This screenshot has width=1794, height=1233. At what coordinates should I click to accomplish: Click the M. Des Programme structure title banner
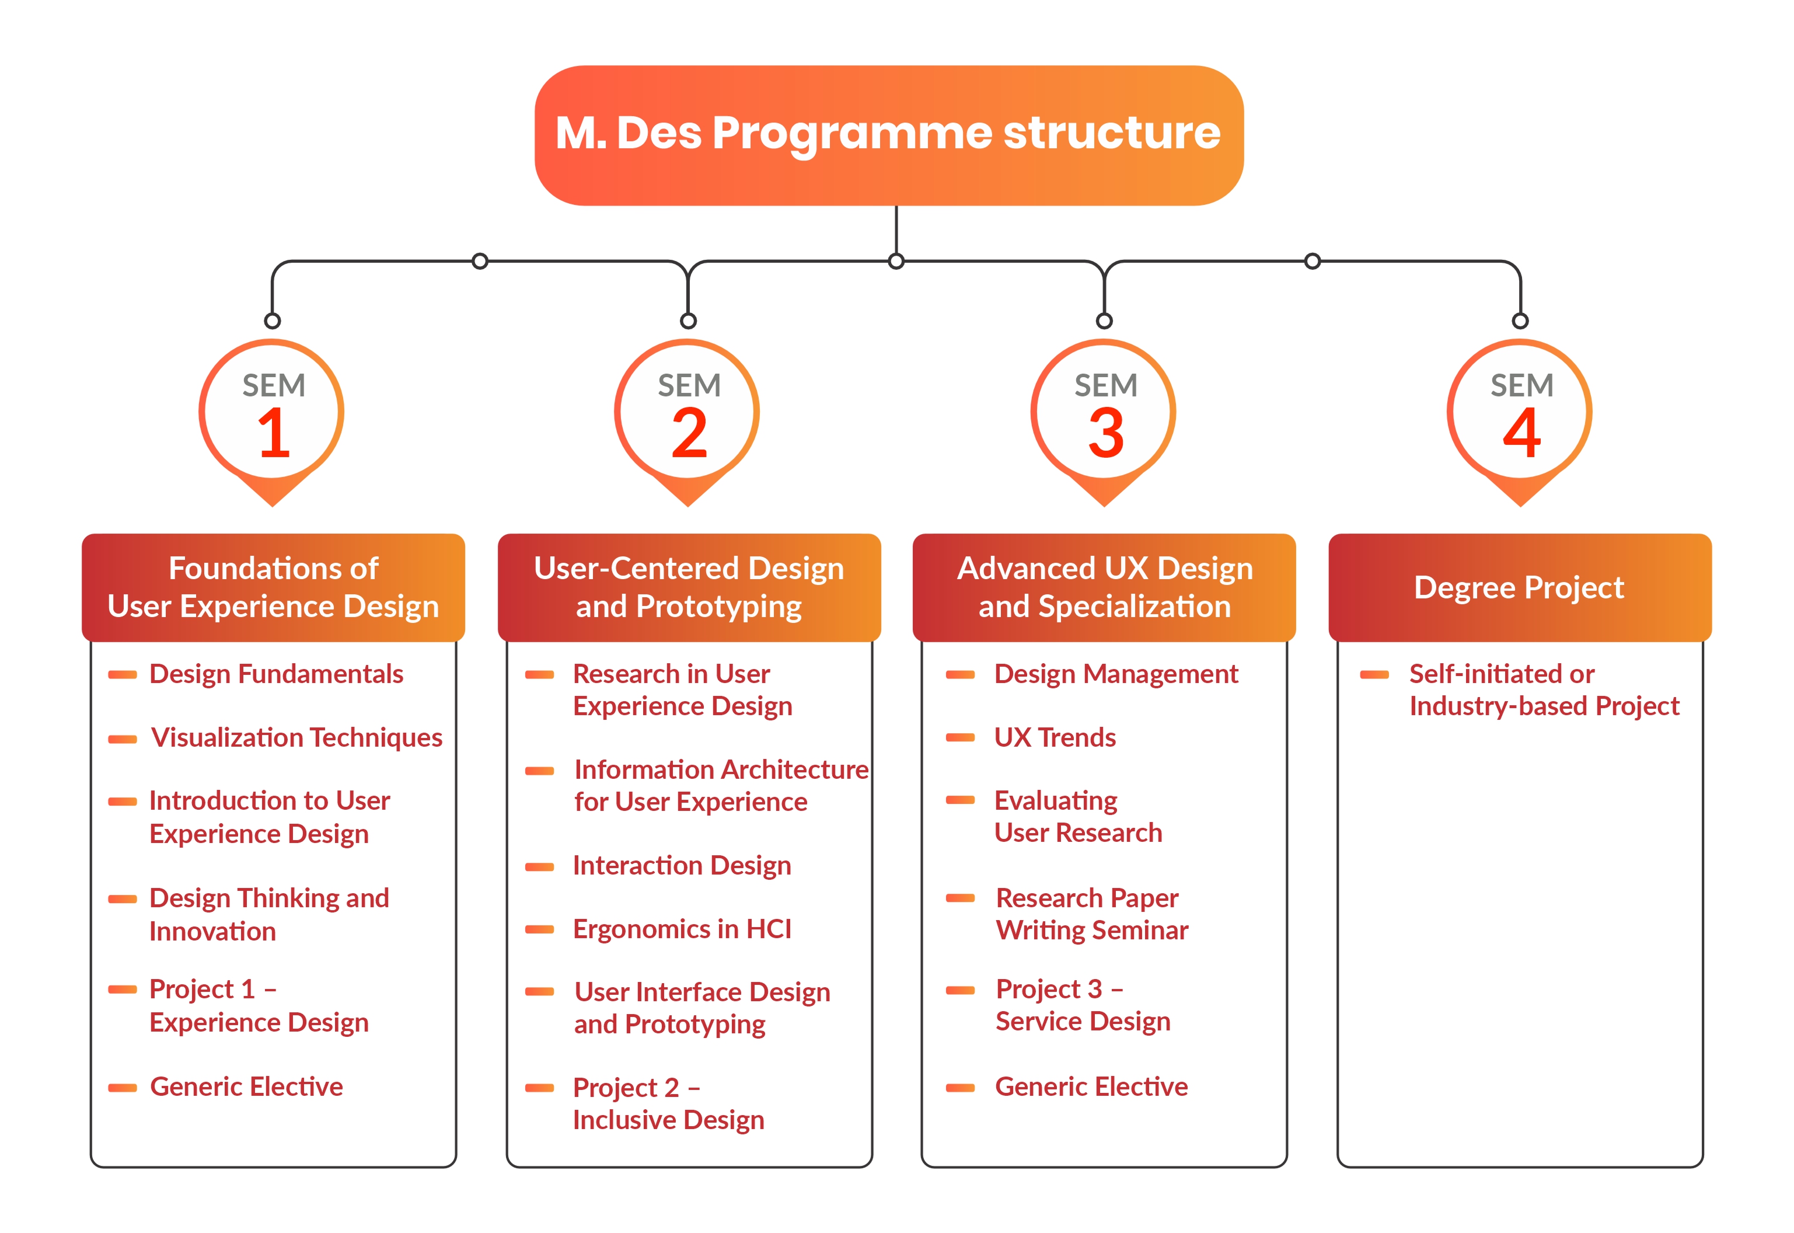tap(888, 135)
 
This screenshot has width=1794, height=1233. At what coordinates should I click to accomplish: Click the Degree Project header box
tap(1519, 588)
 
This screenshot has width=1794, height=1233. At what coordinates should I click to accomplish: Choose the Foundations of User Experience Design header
tap(273, 588)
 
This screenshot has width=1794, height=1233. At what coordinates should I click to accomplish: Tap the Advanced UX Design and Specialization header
tap(1104, 588)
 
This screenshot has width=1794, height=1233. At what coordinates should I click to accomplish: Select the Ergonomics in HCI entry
tap(682, 929)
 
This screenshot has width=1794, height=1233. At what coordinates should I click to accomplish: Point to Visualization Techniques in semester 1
tap(296, 738)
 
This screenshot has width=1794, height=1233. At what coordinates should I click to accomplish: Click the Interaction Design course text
tap(682, 866)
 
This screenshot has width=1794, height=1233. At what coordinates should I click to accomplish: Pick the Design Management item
tap(1115, 674)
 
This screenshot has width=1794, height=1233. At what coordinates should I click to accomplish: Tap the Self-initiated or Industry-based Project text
tap(1543, 690)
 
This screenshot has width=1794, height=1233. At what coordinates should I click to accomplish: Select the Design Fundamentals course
tap(275, 674)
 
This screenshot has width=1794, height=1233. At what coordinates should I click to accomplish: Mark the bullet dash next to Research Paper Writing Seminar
tap(960, 898)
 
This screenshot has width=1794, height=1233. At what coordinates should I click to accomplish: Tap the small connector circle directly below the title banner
tap(896, 261)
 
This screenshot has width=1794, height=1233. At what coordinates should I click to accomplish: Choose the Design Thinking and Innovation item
tap(269, 915)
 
